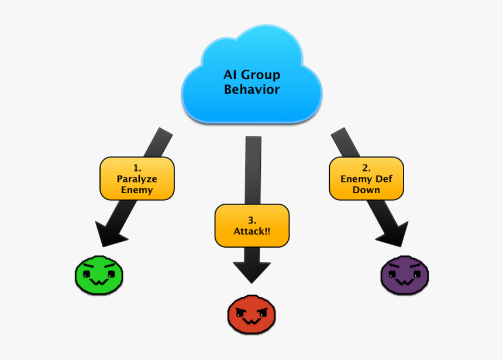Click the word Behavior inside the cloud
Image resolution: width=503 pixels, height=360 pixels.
pos(251,90)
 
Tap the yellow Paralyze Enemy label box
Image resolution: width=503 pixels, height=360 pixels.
pos(137,178)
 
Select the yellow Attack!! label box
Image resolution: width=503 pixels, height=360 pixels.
pos(251,225)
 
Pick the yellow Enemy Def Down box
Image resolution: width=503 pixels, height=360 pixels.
pos(366,178)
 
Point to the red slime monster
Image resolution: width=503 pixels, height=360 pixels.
pos(251,314)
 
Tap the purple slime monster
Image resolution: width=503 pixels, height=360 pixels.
pos(405,274)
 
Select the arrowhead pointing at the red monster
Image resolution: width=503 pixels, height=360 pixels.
pos(251,271)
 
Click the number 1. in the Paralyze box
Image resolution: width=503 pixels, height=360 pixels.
pos(137,167)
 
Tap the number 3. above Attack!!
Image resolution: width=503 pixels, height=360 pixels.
pos(251,220)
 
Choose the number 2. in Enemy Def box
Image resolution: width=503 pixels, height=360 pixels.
pos(366,167)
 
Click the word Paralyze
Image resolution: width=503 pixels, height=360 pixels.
pos(137,179)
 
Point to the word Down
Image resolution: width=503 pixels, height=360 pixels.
pos(366,190)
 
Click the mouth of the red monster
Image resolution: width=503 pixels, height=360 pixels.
pos(251,321)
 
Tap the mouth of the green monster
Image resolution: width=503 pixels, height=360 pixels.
pos(98,282)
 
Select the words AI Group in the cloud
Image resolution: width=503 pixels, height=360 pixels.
pos(251,75)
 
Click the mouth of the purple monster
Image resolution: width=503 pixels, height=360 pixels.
pos(405,282)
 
